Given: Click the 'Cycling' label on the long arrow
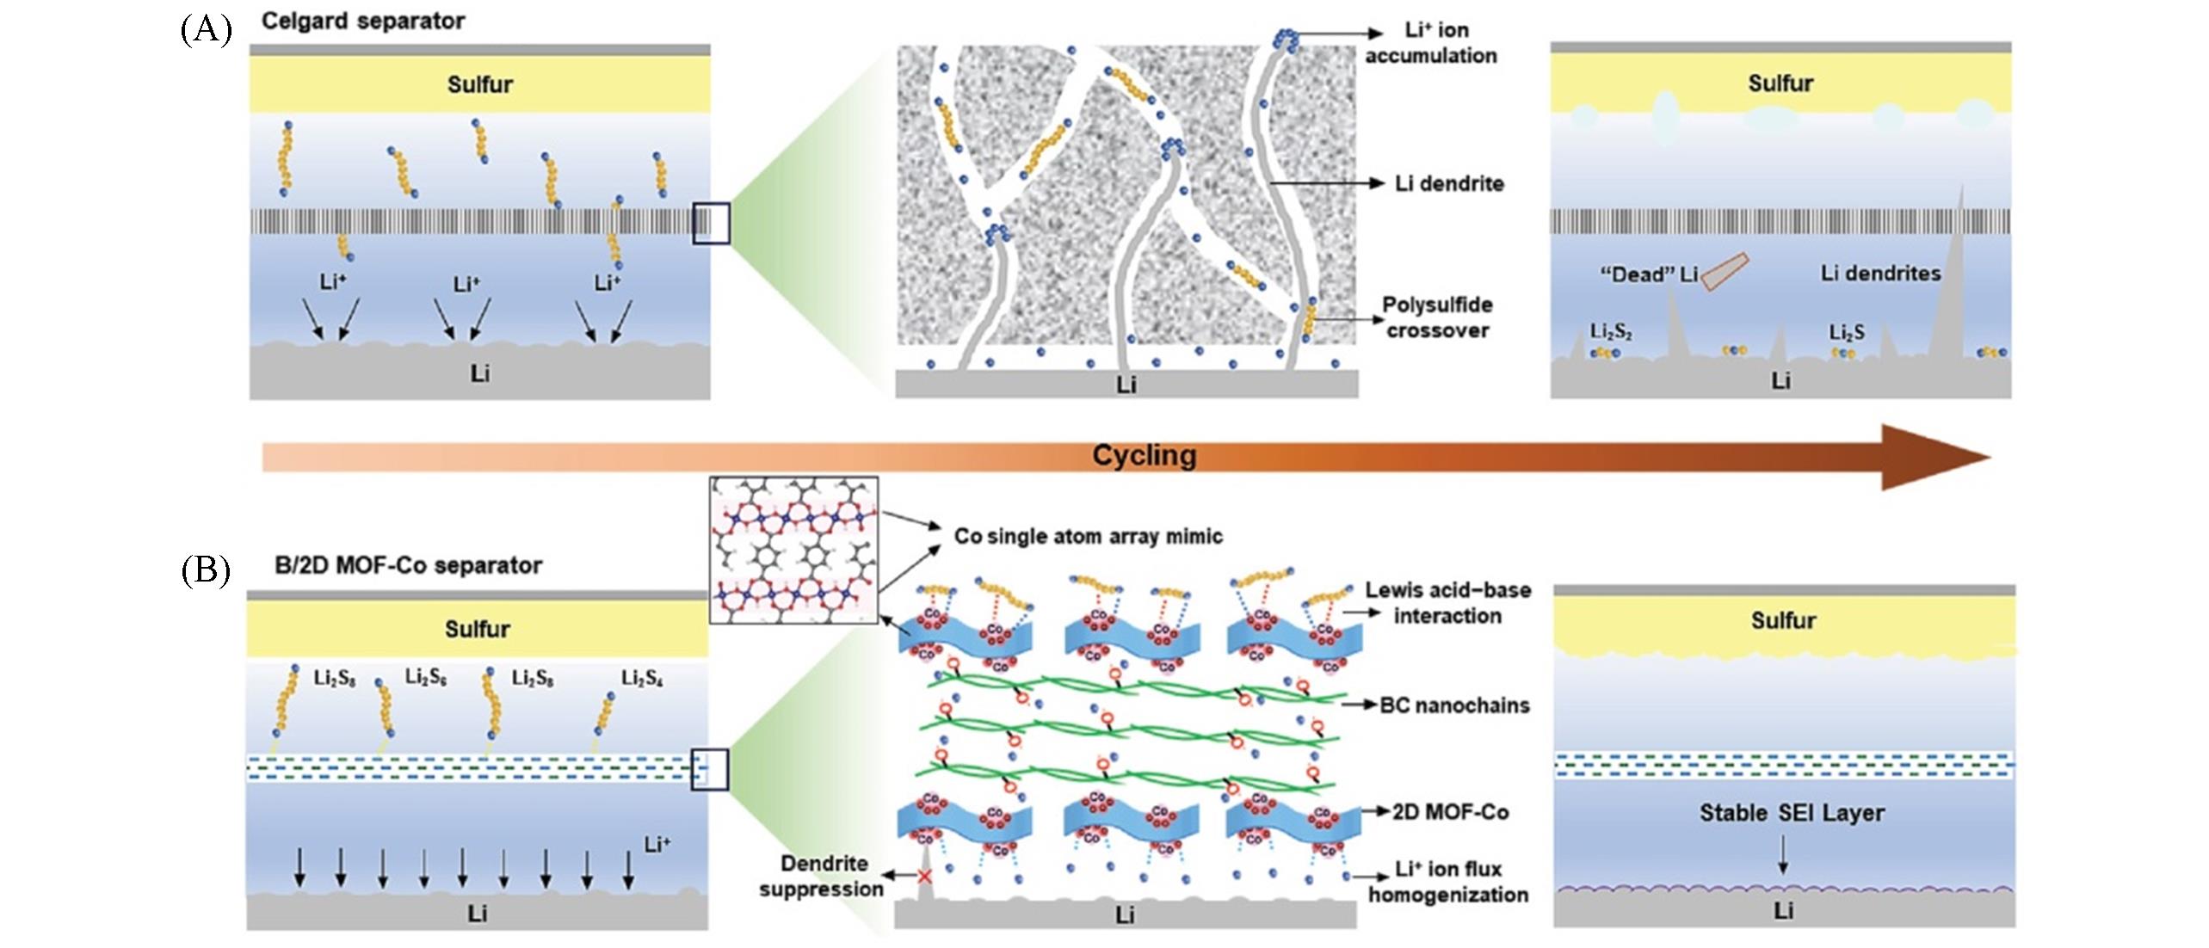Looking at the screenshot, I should pos(1144,455).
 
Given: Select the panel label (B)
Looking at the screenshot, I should pos(206,570).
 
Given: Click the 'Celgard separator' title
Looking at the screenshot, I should pos(362,21).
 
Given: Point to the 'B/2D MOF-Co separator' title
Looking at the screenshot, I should pos(408,565).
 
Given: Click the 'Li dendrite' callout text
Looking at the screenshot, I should pos(1449,183).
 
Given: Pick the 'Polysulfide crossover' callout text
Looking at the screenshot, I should pos(1437,317).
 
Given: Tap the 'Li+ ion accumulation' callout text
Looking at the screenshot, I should pos(1431,43).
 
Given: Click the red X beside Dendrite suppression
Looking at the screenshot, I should pos(924,877).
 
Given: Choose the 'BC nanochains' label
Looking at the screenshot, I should pos(1454,705).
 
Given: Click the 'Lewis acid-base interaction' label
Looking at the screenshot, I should pos(1447,602).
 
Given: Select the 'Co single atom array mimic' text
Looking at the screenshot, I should pos(1088,537).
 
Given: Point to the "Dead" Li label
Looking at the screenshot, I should pos(1648,274).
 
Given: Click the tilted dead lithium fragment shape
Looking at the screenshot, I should pos(1725,271).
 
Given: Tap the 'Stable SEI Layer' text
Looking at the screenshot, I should pos(1792,813).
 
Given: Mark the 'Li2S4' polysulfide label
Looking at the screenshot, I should pos(642,679).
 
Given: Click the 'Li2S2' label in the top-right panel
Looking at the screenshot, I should pos(1610,332).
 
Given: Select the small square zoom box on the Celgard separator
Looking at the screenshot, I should pos(712,223).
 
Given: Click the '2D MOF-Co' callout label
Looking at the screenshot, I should pos(1450,812).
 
